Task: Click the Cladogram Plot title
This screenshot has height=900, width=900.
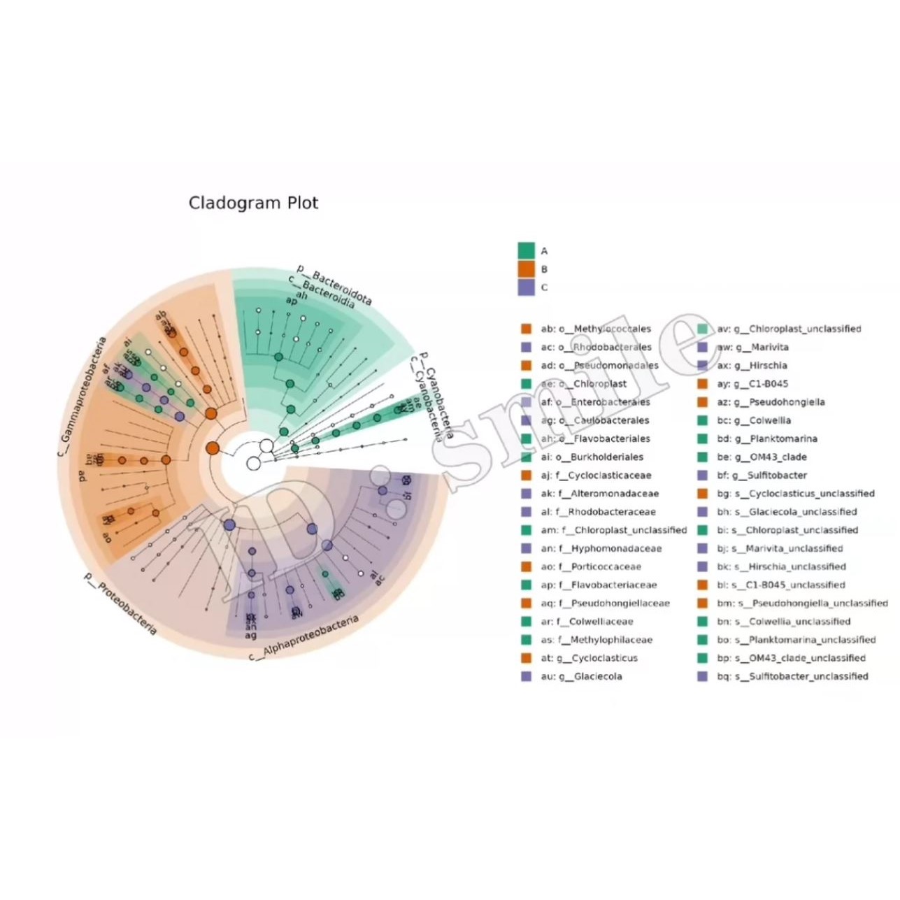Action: (x=253, y=203)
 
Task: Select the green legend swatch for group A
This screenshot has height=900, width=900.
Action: (x=526, y=250)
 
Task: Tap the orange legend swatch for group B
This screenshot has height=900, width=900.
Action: (x=526, y=269)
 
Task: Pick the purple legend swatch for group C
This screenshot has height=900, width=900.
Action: (x=526, y=287)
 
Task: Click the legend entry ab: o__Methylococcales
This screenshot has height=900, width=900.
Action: (x=595, y=329)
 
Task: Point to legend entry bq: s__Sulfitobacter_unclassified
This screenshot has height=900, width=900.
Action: (x=791, y=676)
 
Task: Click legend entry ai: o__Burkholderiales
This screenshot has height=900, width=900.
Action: (x=592, y=457)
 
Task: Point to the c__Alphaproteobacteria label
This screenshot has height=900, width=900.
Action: (x=304, y=638)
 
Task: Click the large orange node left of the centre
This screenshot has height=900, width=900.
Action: (x=213, y=448)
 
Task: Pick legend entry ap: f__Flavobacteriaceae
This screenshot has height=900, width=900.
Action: (x=598, y=585)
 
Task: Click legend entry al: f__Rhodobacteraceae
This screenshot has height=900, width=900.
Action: (x=597, y=511)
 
